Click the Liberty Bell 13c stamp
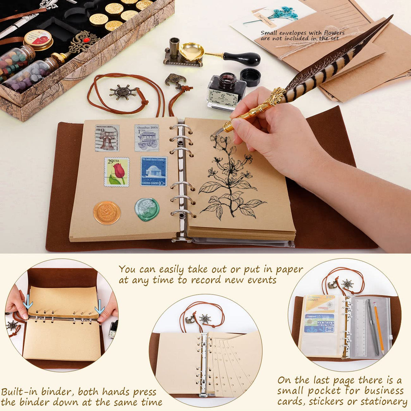pyautogui.click(x=107, y=138)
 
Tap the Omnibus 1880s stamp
pyautogui.click(x=147, y=138)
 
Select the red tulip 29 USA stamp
pyautogui.click(x=117, y=172)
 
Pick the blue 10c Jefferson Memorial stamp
pyautogui.click(x=154, y=171)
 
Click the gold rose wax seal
pyautogui.click(x=107, y=213)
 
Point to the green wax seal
pyautogui.click(x=147, y=210)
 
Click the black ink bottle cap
pyautogui.click(x=250, y=77)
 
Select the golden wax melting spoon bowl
pyautogui.click(x=191, y=51)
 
